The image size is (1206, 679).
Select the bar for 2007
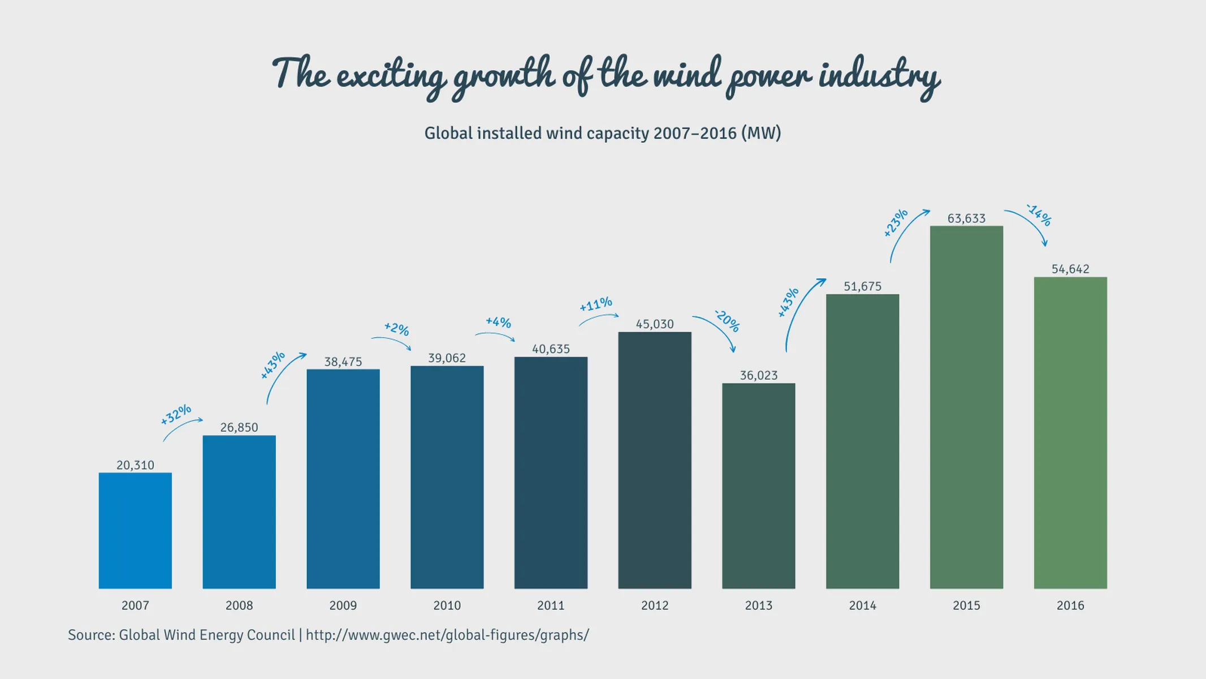tap(135, 531)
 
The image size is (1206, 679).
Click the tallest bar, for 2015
tap(966, 407)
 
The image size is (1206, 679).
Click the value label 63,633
tap(966, 218)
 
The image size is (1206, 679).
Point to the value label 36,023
tap(758, 375)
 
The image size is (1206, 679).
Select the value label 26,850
tap(239, 427)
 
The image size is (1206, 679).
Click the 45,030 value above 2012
tap(655, 324)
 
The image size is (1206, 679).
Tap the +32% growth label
tap(176, 414)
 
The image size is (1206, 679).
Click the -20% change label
tap(727, 321)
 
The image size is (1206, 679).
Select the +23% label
tap(896, 222)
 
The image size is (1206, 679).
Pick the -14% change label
tap(1039, 215)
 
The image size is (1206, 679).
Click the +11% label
tap(596, 304)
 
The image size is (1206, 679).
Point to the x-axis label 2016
tap(1070, 605)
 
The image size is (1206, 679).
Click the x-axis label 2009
tap(343, 605)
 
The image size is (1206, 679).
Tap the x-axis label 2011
tap(551, 605)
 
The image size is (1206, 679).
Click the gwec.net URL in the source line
tap(447, 635)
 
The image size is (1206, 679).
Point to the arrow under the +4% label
tap(495, 336)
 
